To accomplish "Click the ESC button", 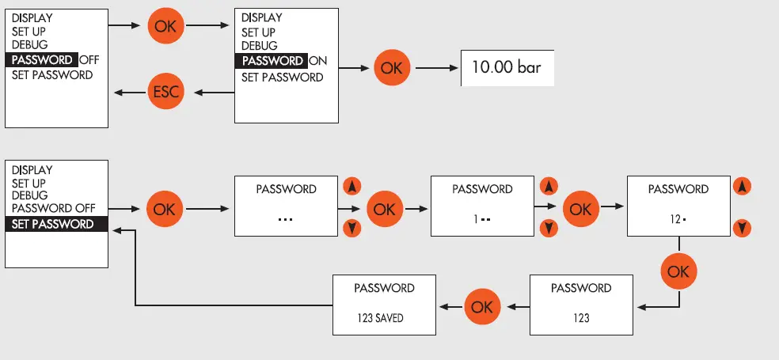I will pos(165,93).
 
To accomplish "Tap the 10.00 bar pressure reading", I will pos(506,67).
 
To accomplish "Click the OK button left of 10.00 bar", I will pos(391,68).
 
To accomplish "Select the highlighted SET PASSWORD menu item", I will pos(53,224).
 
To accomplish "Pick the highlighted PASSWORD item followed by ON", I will pos(272,61).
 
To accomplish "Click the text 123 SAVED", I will pos(384,317).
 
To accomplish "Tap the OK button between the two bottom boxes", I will pos(482,305).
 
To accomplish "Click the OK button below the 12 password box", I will pos(678,271).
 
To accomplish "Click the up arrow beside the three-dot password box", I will pos(352,188).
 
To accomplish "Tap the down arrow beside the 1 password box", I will pos(547,229).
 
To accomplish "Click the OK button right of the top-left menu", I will pos(165,26).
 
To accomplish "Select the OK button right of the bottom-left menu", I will pos(164,209).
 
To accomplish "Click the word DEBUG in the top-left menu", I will pos(29,45).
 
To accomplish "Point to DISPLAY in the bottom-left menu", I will pos(32,170).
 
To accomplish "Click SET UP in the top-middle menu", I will pos(259,32).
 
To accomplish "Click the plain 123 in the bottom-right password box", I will pos(580,317).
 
